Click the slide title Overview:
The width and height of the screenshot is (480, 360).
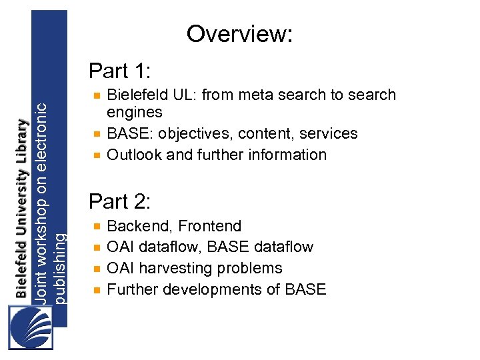click(x=239, y=33)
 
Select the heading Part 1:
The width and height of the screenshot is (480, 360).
click(x=121, y=70)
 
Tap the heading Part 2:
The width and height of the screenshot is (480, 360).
click(x=121, y=201)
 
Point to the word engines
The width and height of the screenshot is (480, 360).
click(x=135, y=112)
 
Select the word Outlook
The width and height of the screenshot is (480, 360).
click(x=134, y=155)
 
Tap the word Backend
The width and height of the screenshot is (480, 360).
click(x=138, y=226)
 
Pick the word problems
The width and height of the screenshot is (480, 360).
click(x=252, y=269)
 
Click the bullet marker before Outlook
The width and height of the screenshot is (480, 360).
click(x=97, y=155)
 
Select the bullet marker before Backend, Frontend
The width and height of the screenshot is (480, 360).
click(x=97, y=227)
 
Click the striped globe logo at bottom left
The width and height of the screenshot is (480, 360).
click(x=31, y=325)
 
